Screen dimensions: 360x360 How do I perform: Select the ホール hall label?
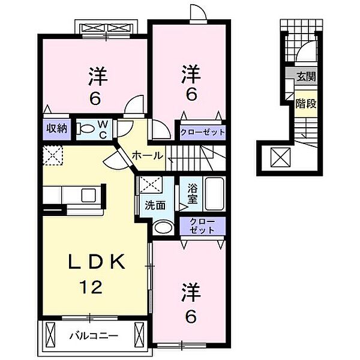[x=147, y=155]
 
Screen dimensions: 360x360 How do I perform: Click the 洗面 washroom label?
[x=155, y=204]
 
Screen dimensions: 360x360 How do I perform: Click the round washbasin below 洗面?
[x=160, y=227]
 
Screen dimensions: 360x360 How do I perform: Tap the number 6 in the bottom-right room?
[x=190, y=316]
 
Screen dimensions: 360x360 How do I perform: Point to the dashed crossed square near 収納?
[x=53, y=155]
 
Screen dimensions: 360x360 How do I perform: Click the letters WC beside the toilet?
[x=103, y=128]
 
